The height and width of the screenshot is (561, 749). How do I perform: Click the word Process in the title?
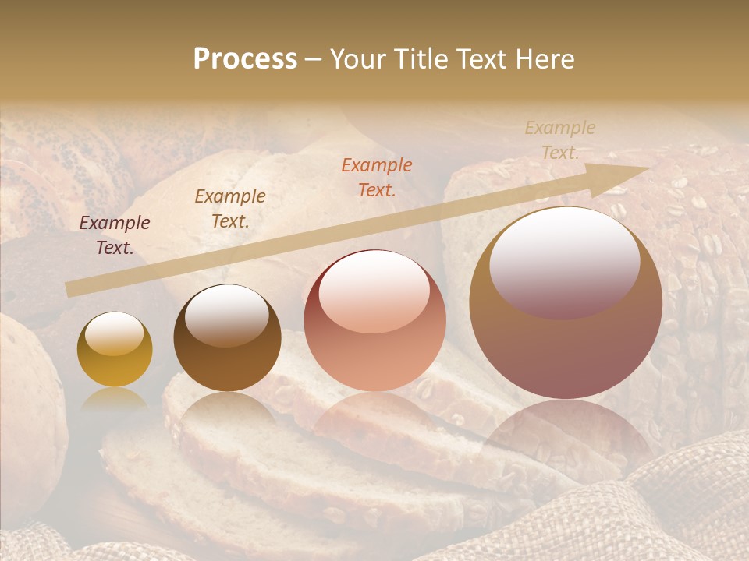245,59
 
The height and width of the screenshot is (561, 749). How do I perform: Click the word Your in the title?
360,59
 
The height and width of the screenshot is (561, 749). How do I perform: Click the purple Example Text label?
115,235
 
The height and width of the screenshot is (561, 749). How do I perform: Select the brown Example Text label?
230,209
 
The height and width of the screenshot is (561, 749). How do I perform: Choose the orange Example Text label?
377,177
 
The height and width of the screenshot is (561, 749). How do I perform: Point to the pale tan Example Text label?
560,140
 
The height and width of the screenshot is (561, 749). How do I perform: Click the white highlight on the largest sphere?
564,261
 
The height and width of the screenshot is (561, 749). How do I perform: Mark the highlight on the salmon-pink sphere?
374,292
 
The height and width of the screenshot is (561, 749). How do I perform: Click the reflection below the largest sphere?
566,432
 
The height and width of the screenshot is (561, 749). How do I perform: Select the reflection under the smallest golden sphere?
115,400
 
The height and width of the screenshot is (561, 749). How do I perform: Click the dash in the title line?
314,59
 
